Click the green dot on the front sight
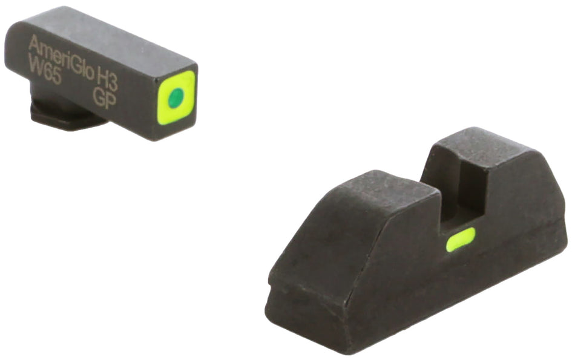coord(176,97)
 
